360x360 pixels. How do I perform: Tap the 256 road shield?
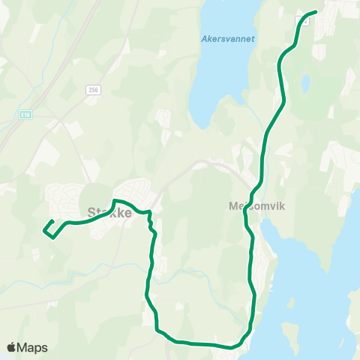93,89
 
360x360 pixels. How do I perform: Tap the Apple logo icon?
12,347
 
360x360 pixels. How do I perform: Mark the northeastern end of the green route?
314,12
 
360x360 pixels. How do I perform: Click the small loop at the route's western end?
48,229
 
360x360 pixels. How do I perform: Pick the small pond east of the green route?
305,82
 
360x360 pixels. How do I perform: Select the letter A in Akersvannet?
204,39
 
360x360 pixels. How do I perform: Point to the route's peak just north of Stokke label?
114,200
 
